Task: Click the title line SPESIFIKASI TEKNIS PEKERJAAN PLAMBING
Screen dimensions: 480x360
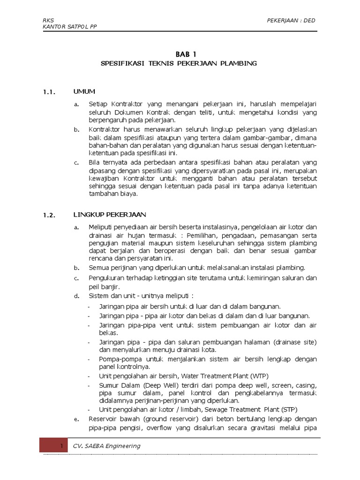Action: click(x=180, y=63)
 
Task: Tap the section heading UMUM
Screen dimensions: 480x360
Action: click(x=84, y=91)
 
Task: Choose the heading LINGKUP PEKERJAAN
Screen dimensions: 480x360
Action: click(x=110, y=215)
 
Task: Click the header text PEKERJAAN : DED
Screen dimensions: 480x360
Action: click(x=291, y=20)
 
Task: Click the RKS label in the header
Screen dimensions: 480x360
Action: click(x=48, y=20)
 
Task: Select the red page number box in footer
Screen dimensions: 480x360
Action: click(x=53, y=446)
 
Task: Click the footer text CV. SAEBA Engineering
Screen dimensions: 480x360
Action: click(x=106, y=446)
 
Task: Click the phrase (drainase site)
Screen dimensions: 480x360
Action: click(x=295, y=342)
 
